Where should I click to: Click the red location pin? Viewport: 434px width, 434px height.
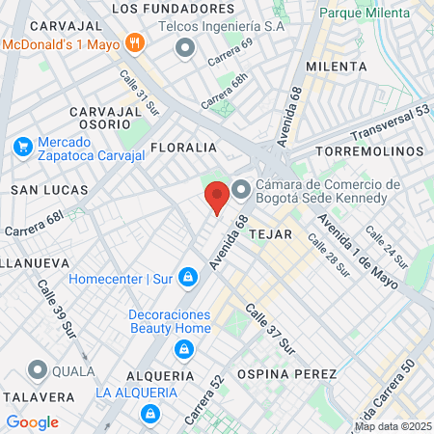218,196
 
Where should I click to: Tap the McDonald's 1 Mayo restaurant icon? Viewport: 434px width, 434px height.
135,42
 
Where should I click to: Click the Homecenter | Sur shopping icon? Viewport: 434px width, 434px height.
187,280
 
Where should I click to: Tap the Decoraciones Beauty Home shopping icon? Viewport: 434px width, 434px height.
181,348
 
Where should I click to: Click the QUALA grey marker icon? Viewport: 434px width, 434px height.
38,369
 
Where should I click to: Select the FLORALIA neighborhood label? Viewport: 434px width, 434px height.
183,148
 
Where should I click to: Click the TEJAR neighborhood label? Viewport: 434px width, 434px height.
269,234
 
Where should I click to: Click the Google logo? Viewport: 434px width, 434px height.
32,422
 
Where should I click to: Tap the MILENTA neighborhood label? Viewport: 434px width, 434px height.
336,66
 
